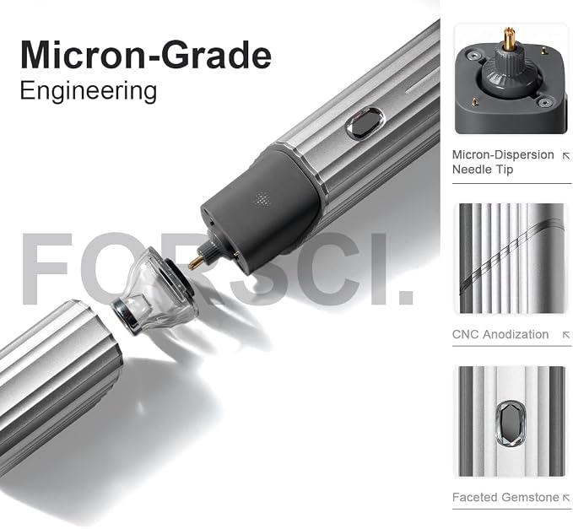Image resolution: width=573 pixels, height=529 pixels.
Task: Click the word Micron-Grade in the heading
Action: [x=146, y=55]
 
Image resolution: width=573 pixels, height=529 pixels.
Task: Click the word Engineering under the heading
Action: [x=89, y=91]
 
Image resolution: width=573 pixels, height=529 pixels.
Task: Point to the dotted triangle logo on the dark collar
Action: [x=262, y=199]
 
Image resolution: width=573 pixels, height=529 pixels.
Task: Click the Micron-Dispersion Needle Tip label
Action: [x=503, y=162]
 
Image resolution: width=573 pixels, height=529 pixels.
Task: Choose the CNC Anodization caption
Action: [x=500, y=334]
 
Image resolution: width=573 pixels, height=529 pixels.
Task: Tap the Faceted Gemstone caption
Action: [x=505, y=497]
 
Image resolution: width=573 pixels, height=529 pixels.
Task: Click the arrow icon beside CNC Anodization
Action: [x=566, y=335]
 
